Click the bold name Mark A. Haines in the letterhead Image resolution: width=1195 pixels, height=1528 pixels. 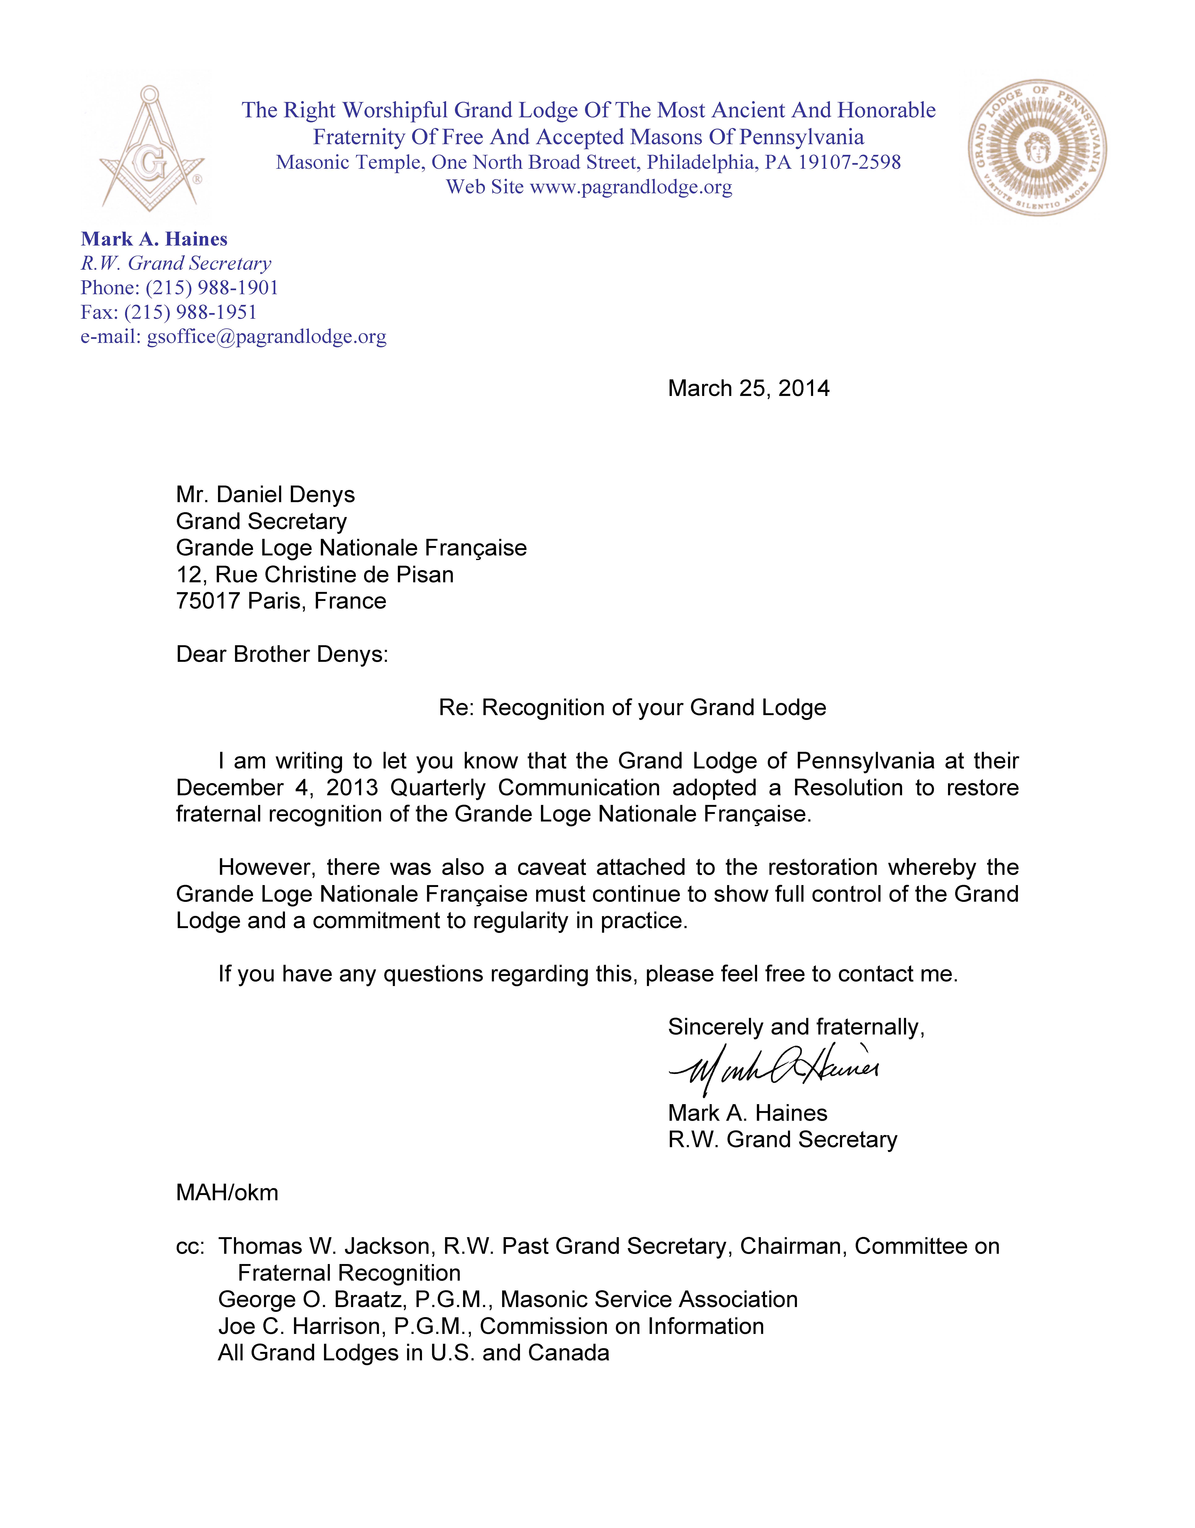click(154, 239)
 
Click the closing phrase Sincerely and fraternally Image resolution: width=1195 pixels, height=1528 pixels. click(795, 1027)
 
